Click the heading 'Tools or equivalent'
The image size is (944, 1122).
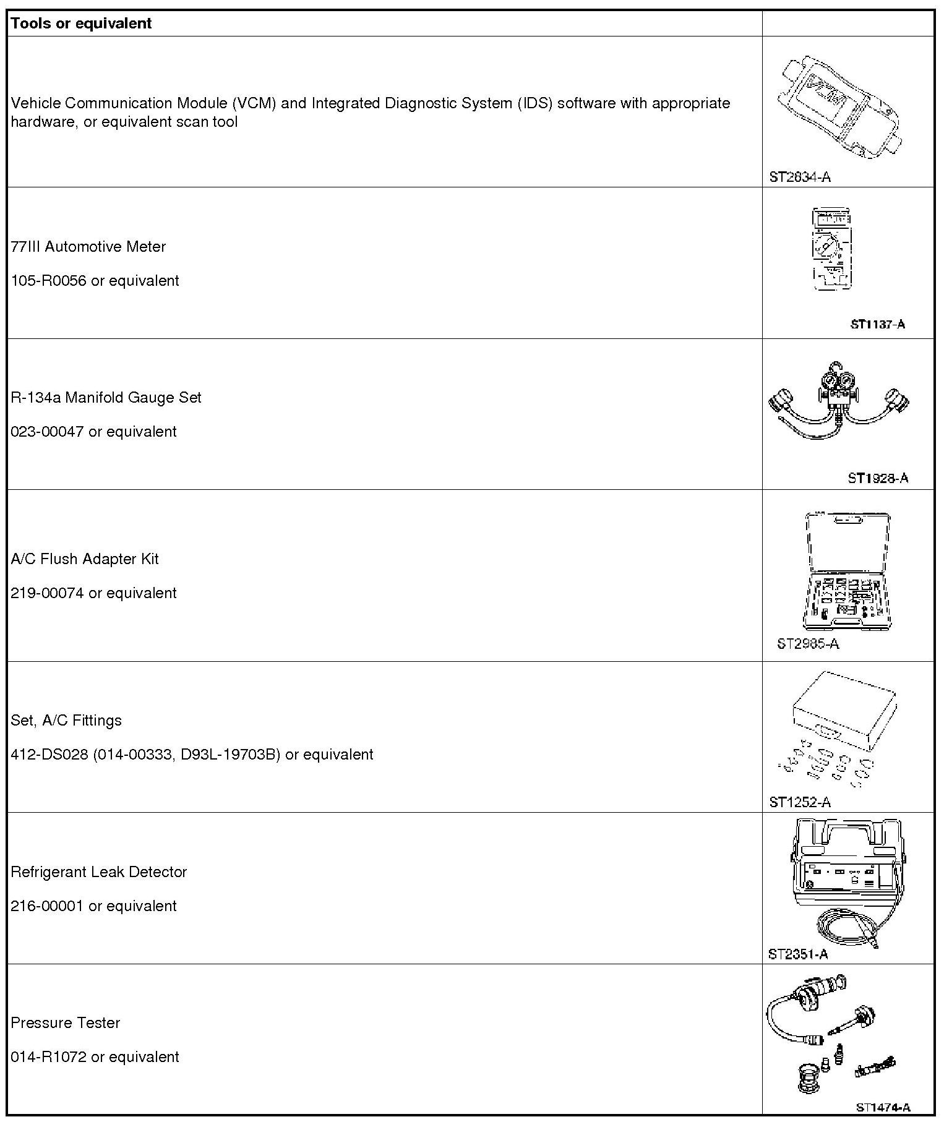pyautogui.click(x=81, y=24)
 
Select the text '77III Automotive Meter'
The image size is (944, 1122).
pyautogui.click(x=88, y=247)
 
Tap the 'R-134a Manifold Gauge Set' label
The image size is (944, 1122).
pyautogui.click(x=106, y=398)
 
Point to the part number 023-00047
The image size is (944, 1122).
pyautogui.click(x=47, y=432)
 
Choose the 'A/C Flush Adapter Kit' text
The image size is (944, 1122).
pyautogui.click(x=85, y=559)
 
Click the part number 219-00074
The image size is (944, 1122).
pyautogui.click(x=47, y=593)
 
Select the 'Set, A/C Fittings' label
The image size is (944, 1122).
pyautogui.click(x=66, y=721)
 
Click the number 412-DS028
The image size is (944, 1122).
pyautogui.click(x=49, y=755)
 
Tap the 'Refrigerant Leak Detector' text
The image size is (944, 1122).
pyautogui.click(x=99, y=872)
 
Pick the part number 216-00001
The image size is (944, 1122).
pyautogui.click(x=47, y=906)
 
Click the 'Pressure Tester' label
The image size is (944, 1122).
pyautogui.click(x=66, y=1023)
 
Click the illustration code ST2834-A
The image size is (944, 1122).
pyautogui.click(x=800, y=177)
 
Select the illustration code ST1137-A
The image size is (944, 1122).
pyautogui.click(x=877, y=324)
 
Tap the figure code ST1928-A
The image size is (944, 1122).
pyautogui.click(x=877, y=478)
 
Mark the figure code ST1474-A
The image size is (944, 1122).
pyautogui.click(x=883, y=1107)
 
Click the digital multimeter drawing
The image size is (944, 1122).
pyautogui.click(x=832, y=249)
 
